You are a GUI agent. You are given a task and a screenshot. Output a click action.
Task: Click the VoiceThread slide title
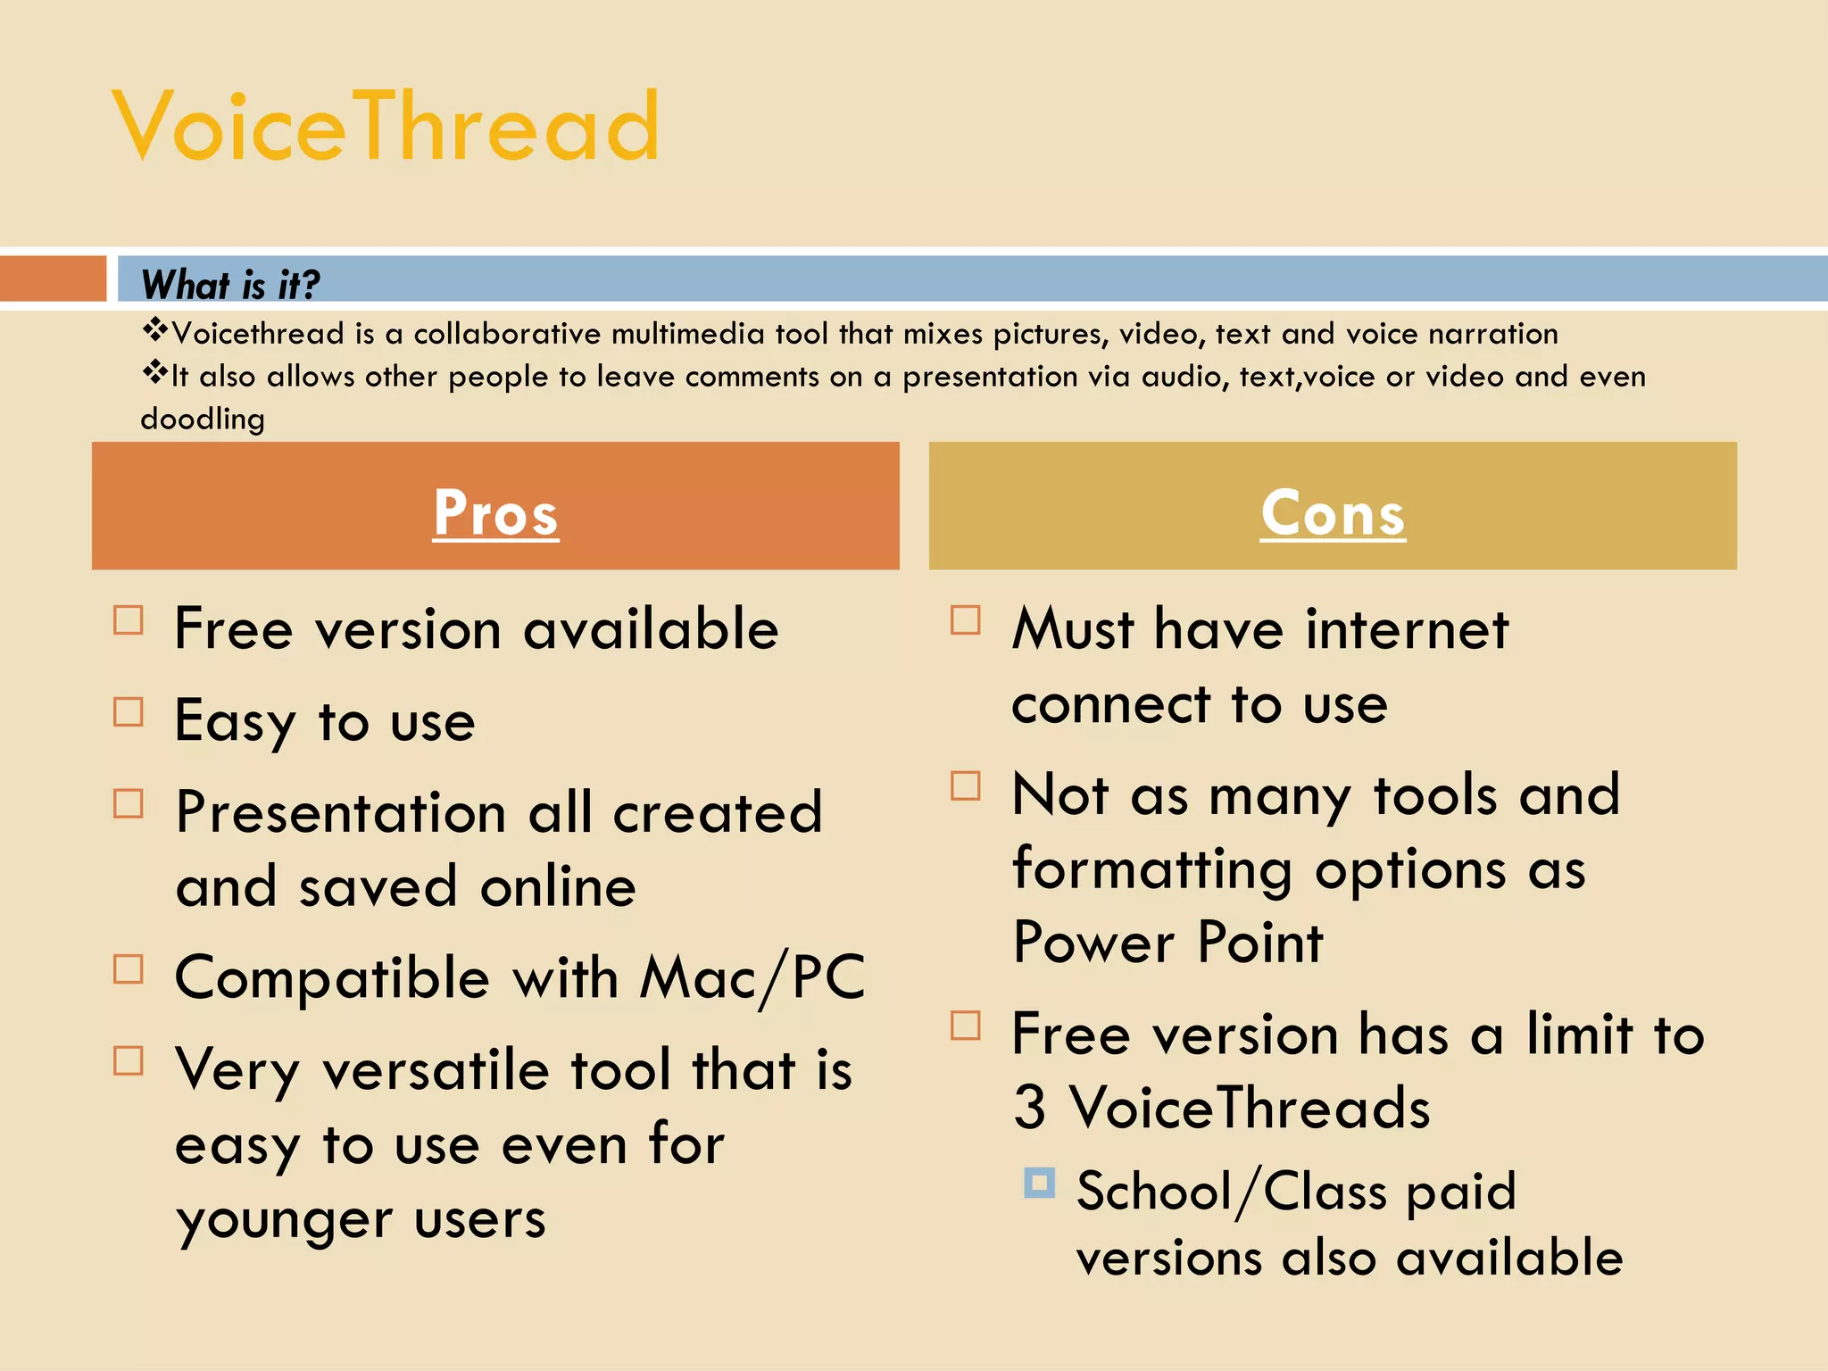(x=386, y=127)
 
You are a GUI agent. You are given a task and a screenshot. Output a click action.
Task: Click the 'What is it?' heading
(x=230, y=285)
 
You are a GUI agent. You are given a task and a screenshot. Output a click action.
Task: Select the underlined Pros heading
(x=495, y=513)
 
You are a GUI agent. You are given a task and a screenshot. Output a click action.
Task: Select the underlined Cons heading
(x=1333, y=513)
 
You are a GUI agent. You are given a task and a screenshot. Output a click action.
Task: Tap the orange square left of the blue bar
(x=53, y=278)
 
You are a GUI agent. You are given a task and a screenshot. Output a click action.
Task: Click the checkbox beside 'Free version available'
(x=129, y=620)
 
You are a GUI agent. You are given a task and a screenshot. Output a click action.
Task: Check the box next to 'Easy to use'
(x=129, y=712)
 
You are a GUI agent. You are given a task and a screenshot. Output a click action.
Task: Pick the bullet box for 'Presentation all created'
(x=129, y=804)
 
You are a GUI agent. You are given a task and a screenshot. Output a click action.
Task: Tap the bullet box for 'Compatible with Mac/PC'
(x=129, y=969)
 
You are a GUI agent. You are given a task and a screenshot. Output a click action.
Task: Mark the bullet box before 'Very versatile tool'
(x=129, y=1061)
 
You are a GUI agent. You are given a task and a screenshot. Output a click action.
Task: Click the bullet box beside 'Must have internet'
(x=966, y=620)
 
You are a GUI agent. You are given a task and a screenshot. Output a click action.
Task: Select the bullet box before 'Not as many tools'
(x=966, y=786)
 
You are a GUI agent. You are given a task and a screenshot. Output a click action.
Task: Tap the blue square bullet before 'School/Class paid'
(x=1039, y=1184)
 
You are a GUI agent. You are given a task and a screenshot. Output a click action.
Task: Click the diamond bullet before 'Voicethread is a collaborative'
(x=155, y=330)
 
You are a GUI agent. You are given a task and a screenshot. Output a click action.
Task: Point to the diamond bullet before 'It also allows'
(x=155, y=373)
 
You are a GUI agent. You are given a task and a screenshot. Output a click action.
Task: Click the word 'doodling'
(x=203, y=419)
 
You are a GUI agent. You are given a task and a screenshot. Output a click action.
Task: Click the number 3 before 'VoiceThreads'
(x=1029, y=1108)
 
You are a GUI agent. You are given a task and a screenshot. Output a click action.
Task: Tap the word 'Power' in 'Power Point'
(x=1095, y=943)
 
